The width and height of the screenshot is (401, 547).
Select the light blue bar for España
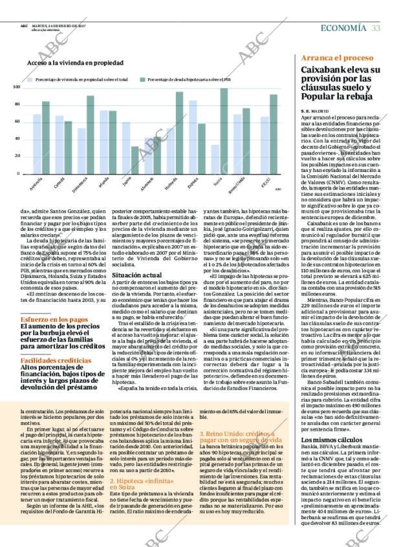(x=193, y=137)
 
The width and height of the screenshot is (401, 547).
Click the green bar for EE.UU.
(x=274, y=134)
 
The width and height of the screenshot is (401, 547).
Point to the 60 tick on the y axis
(x=17, y=121)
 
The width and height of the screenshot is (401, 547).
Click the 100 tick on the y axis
(x=17, y=87)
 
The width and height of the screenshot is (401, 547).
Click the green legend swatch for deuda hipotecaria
(x=142, y=80)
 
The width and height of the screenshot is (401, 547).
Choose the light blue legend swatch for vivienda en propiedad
(x=30, y=80)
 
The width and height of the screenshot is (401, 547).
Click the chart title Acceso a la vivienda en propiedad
(x=75, y=63)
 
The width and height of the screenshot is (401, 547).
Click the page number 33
(x=376, y=27)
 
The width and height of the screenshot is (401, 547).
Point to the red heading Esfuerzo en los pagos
(x=54, y=319)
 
